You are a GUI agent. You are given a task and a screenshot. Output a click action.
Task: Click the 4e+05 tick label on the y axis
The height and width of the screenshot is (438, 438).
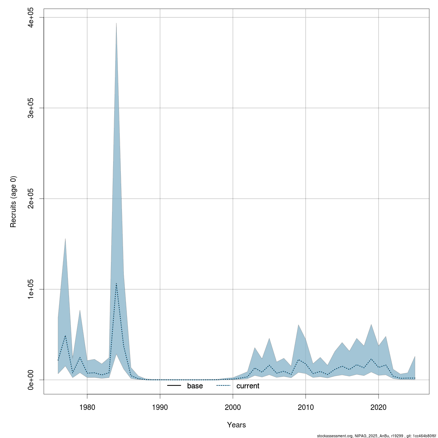coord(31,17)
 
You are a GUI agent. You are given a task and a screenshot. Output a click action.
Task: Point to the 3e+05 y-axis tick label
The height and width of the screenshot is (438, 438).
coord(31,108)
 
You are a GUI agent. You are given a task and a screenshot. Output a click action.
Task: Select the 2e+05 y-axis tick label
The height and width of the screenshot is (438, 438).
coord(31,198)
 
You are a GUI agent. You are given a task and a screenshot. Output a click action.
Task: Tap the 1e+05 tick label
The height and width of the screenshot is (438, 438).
coord(31,289)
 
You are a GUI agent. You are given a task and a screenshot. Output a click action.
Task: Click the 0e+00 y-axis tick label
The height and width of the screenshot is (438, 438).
coord(31,380)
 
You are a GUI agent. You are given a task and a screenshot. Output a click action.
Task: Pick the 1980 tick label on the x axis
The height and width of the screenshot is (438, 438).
coord(87,407)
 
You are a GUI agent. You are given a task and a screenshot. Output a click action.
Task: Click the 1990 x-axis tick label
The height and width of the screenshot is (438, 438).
coord(160,407)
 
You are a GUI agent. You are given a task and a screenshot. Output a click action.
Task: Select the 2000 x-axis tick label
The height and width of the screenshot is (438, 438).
coord(233,407)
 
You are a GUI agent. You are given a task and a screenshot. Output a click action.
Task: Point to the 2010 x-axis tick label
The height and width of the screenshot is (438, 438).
coord(306,407)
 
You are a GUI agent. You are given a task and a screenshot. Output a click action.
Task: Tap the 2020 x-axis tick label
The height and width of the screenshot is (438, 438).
coord(379,407)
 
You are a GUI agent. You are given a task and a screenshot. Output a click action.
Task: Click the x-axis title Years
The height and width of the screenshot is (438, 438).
coord(236,425)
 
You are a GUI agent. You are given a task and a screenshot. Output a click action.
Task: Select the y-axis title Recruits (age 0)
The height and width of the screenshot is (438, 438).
coord(14,201)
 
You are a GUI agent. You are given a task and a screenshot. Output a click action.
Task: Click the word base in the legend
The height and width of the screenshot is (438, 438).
coord(195,386)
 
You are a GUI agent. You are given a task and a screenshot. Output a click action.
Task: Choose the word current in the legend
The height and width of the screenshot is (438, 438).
coord(248,386)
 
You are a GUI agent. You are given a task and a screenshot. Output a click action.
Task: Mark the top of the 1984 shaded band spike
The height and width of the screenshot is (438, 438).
coord(116,23)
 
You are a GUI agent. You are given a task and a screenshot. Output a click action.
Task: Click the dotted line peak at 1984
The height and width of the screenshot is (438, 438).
coord(116,283)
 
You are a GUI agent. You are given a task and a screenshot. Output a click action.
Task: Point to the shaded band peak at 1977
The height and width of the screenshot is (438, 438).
coord(65,239)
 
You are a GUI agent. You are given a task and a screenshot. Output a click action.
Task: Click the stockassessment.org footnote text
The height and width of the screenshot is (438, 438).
coord(376,435)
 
